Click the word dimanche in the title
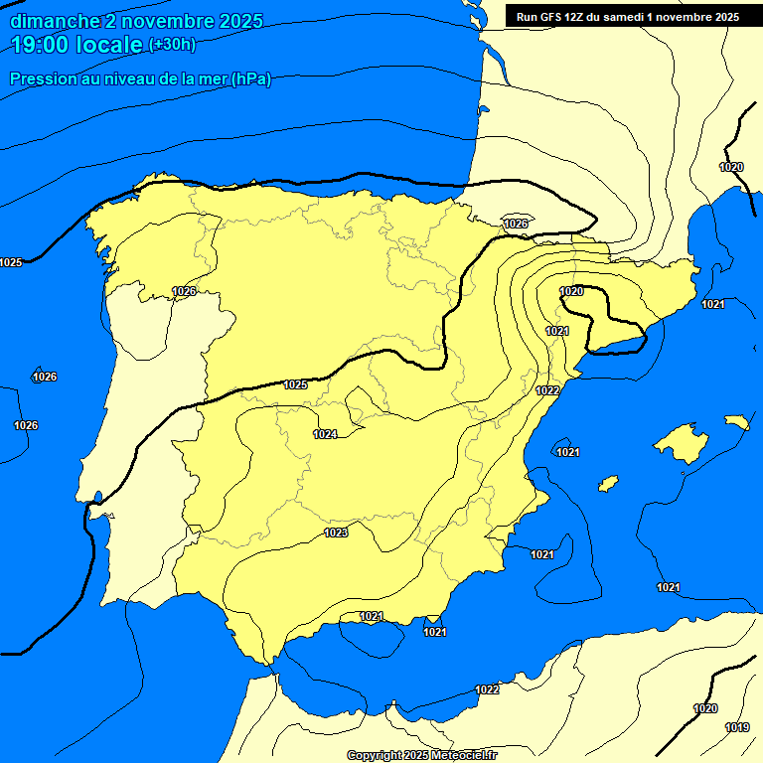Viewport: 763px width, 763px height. (x=54, y=21)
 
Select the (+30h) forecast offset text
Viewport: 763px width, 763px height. (x=172, y=45)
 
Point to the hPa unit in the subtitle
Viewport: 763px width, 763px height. (x=250, y=79)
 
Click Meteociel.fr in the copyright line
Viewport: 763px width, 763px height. (x=460, y=755)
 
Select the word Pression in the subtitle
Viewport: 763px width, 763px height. (x=41, y=79)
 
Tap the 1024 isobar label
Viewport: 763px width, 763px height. (x=325, y=434)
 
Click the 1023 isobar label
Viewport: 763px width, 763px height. (x=336, y=534)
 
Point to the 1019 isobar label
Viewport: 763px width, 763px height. (x=737, y=728)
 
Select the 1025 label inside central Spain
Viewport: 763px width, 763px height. (x=295, y=384)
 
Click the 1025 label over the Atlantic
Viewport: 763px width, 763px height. (x=11, y=262)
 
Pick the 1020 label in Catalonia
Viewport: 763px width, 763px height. (x=571, y=291)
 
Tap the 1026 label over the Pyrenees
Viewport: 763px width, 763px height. (x=516, y=224)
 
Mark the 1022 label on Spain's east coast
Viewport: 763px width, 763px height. (x=547, y=390)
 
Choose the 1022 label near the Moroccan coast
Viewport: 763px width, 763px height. (x=487, y=689)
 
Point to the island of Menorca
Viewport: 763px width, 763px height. (x=736, y=422)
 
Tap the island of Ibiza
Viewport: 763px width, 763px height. (x=608, y=483)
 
